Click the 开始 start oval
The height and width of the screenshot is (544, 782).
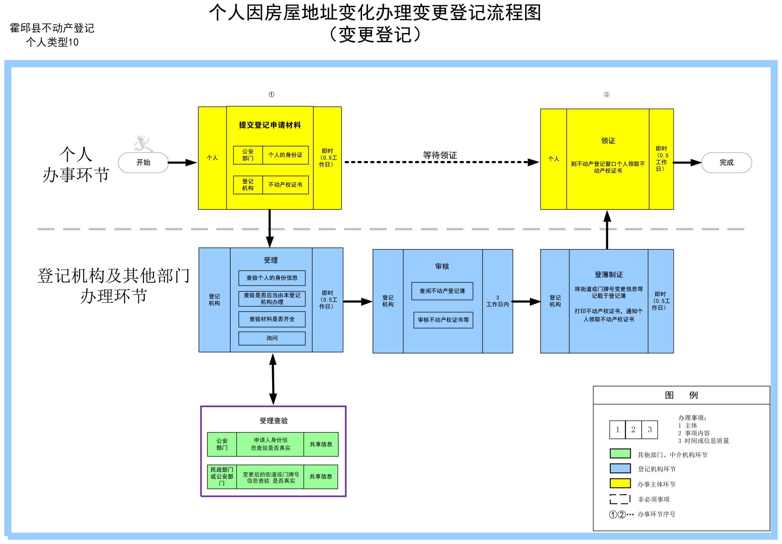click(x=143, y=162)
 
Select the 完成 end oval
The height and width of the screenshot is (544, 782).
click(x=726, y=162)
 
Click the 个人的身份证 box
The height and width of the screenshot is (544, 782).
click(x=285, y=155)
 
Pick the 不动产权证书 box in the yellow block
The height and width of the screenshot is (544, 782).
click(x=285, y=185)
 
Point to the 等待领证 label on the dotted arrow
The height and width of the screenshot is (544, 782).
click(x=440, y=155)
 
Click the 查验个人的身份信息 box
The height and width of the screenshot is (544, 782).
click(x=272, y=278)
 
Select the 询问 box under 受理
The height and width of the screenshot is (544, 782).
click(x=272, y=338)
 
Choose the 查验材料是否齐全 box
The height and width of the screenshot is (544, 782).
click(x=272, y=319)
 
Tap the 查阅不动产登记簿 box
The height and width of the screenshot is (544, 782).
click(x=442, y=291)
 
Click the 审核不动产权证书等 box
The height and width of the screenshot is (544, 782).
click(x=443, y=320)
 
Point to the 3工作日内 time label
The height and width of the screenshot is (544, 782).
click(x=497, y=301)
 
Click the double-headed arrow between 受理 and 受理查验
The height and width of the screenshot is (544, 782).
click(x=273, y=379)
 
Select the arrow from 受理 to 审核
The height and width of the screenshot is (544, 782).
click(x=358, y=301)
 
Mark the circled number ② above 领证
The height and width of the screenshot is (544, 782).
click(x=606, y=94)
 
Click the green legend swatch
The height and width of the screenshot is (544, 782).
click(x=620, y=453)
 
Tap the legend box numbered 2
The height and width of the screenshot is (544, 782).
click(x=633, y=430)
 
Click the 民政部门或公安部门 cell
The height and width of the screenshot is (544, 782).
click(x=222, y=477)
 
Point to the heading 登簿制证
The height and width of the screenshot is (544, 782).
click(x=609, y=275)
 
